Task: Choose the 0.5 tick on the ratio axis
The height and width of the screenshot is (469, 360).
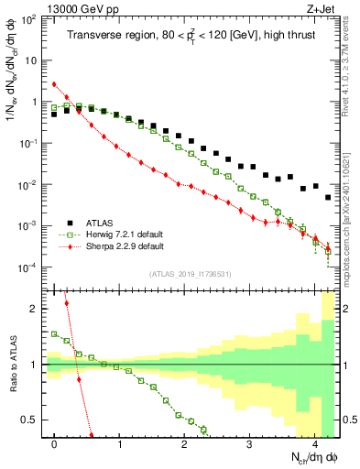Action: pyautogui.click(x=30, y=420)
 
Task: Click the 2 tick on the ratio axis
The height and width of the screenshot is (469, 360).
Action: pyautogui.click(x=35, y=309)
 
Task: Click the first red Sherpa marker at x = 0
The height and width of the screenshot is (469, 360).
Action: pyautogui.click(x=55, y=84)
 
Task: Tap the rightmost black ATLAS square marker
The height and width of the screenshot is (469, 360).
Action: pyautogui.click(x=328, y=197)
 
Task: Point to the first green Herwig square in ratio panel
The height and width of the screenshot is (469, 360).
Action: pyautogui.click(x=55, y=334)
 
